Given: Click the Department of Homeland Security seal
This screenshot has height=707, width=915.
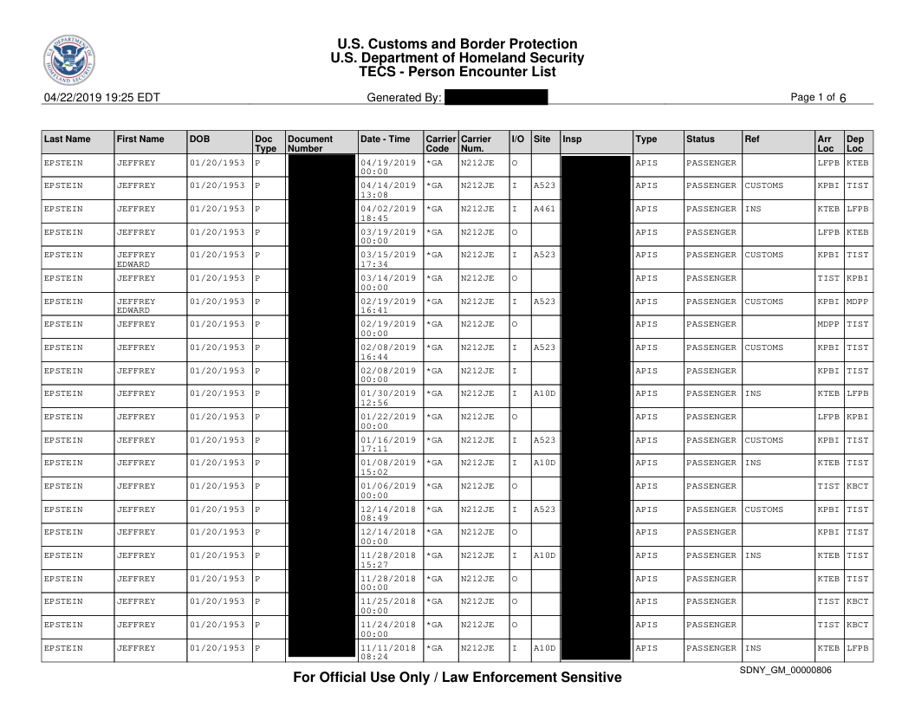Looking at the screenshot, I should tap(68, 62).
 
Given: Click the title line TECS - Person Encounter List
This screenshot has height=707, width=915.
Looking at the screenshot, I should tap(457, 72).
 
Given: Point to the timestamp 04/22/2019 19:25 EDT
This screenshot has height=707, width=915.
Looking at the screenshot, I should tap(101, 98).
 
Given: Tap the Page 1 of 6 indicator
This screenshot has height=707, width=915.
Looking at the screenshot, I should tap(818, 98).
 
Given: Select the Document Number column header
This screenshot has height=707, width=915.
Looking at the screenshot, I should tap(309, 143).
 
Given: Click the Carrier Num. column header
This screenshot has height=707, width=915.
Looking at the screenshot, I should tap(476, 143).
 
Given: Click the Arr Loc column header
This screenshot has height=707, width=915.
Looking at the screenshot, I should tap(825, 143).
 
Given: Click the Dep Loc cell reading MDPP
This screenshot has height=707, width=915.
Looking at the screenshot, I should tap(857, 302).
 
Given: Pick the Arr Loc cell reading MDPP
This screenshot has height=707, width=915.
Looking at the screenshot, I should tap(828, 324).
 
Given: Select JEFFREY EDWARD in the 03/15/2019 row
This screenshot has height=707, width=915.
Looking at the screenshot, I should tap(136, 259).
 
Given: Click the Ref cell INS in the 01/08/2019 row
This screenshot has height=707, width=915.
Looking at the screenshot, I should tap(753, 463).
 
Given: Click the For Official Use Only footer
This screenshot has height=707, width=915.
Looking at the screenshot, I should tap(457, 678).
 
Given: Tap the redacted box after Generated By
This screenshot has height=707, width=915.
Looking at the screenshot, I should tap(496, 98).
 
